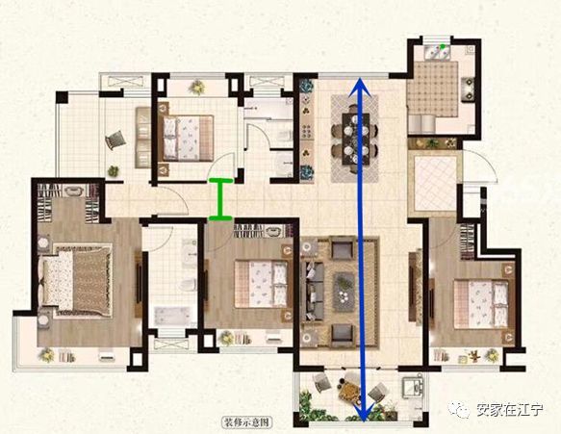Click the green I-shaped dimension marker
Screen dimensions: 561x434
(221, 199)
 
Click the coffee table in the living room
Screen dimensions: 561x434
(344, 292)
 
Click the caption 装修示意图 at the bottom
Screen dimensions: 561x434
(246, 422)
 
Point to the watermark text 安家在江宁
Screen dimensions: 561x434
(509, 410)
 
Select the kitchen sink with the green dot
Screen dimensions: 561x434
(436, 53)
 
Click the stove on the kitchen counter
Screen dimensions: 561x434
(469, 89)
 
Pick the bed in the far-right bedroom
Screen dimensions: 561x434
(481, 304)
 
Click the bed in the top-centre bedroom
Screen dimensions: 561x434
(189, 138)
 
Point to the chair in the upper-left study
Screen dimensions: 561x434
(115, 140)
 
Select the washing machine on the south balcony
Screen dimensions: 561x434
(412, 387)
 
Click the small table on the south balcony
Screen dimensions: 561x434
(347, 393)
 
